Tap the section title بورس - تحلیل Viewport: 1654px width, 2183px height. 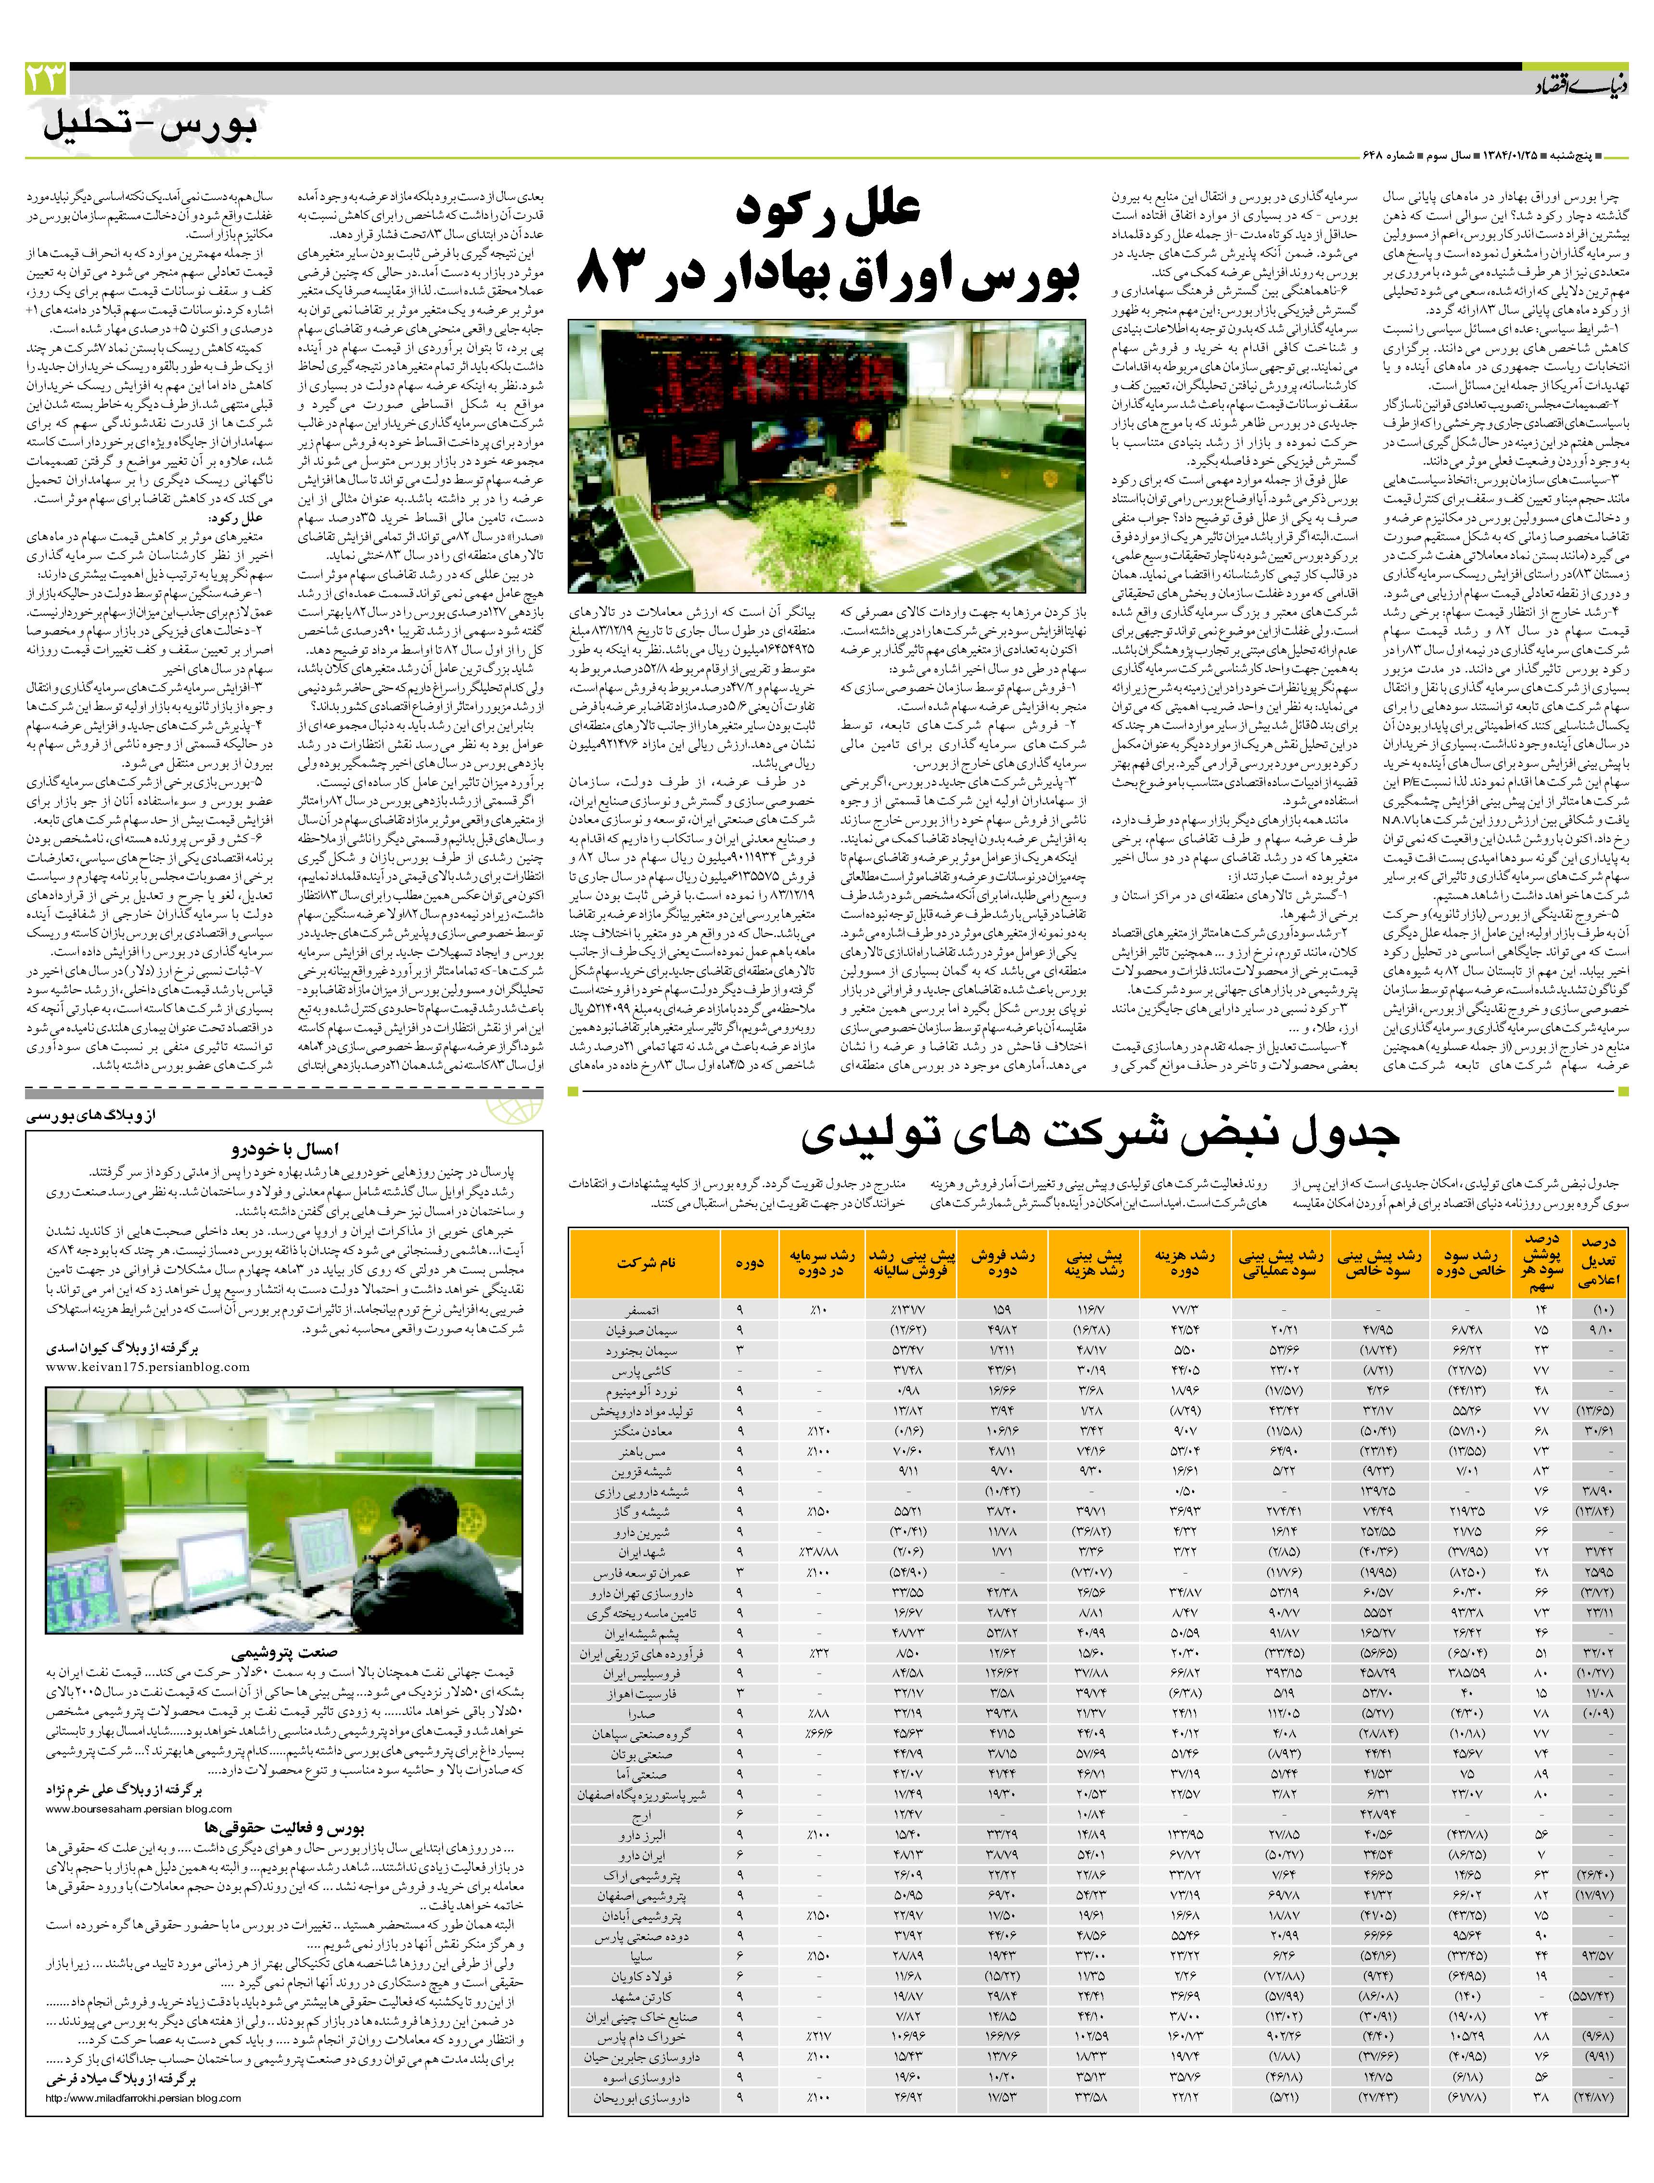coord(150,128)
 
